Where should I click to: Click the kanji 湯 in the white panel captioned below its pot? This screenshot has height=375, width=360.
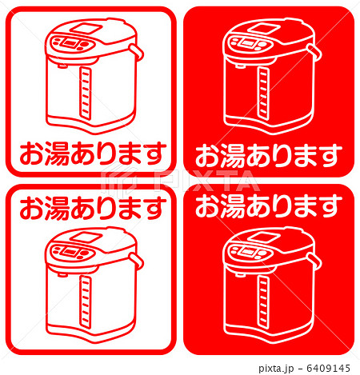pyautogui.click(x=57, y=154)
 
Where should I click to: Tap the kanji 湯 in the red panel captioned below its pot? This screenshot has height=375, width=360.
pyautogui.click(x=233, y=157)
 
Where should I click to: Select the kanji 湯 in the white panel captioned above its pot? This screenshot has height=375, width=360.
pyautogui.click(x=57, y=209)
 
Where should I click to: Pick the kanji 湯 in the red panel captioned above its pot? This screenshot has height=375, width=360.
pyautogui.click(x=233, y=205)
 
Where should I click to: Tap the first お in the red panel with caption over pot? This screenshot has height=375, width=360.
pyautogui.click(x=208, y=205)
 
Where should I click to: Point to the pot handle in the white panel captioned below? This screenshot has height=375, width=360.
pyautogui.click(x=137, y=52)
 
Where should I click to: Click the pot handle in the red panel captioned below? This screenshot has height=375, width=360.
pyautogui.click(x=314, y=52)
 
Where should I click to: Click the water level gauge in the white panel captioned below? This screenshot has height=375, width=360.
pyautogui.click(x=86, y=93)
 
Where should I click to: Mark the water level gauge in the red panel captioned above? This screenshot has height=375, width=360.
pyautogui.click(x=263, y=301)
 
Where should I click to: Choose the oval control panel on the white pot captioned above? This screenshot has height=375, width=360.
pyautogui.click(x=72, y=251)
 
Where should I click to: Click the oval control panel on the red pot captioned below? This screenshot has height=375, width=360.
pyautogui.click(x=250, y=43)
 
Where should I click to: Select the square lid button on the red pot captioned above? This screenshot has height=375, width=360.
pyautogui.click(x=265, y=236)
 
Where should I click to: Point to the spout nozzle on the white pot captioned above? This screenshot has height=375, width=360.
pyautogui.click(x=62, y=274)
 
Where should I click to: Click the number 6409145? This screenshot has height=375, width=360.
pyautogui.click(x=328, y=369)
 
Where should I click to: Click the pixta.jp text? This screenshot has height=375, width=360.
pyautogui.click(x=276, y=369)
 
